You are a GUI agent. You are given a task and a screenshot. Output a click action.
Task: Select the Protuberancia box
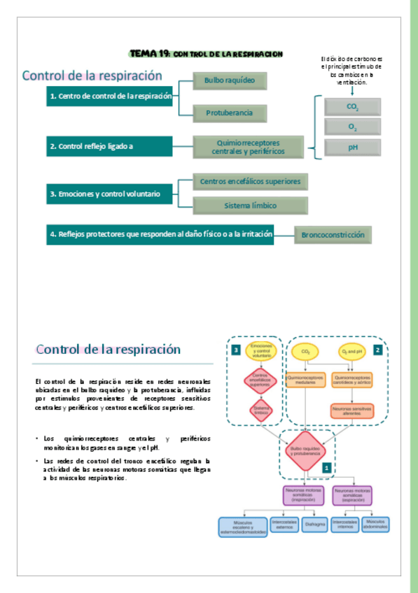230,112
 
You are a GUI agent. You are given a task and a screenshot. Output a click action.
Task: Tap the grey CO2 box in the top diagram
352,107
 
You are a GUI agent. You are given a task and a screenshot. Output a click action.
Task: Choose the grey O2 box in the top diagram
352,127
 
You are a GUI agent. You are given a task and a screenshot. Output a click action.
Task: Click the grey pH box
352,148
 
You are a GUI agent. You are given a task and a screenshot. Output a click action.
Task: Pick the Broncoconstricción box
333,235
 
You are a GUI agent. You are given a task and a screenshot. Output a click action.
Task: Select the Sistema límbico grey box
250,206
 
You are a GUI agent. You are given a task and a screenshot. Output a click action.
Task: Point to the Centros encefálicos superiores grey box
250,181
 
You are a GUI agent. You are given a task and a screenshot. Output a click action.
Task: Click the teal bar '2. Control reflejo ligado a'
109,146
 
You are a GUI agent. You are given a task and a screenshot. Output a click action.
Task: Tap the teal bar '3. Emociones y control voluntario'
109,194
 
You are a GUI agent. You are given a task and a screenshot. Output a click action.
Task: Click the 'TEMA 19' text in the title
149,53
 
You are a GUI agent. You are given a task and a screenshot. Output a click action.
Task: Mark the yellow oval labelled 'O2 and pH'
352,350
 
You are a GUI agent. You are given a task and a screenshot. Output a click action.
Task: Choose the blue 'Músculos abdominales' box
375,524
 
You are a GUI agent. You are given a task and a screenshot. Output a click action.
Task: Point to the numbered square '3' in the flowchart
237,349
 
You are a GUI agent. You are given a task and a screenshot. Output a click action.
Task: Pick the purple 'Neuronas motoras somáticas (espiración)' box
352,495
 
